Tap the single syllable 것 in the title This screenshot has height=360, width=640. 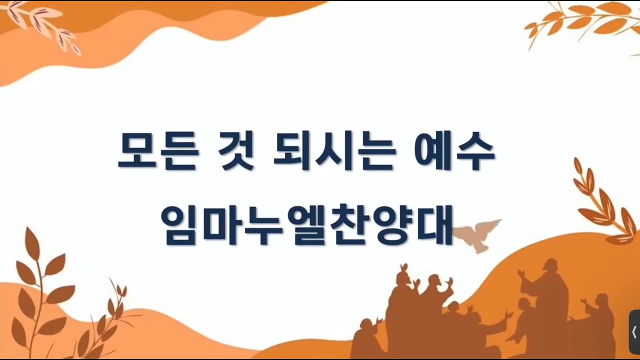(235, 150)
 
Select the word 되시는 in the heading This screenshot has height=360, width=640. (335, 150)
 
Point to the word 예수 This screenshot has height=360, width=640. (455, 150)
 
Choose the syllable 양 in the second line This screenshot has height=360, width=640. (391, 225)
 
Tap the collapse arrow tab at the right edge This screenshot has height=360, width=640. (634, 332)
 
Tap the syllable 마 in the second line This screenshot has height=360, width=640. (221, 225)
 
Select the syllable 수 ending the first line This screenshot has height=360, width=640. (475, 150)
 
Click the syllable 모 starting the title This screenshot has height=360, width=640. (137, 150)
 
